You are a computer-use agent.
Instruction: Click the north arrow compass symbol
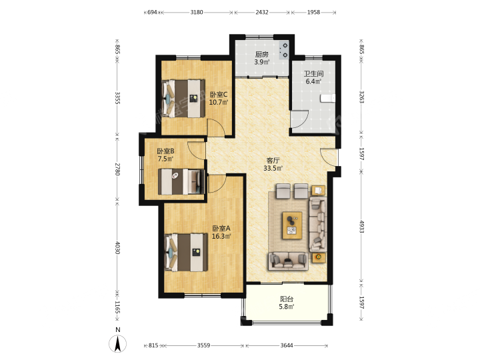[117, 344]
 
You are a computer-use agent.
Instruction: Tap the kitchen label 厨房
[262, 55]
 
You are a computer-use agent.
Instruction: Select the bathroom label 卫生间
[313, 74]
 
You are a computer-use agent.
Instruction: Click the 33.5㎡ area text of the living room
[273, 168]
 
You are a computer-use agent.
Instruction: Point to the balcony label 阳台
[287, 299]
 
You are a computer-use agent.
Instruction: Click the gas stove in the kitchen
[284, 50]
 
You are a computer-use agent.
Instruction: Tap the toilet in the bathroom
[327, 98]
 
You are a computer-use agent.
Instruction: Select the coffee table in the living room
[292, 225]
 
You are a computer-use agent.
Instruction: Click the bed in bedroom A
[186, 252]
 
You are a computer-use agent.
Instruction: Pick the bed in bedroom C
[183, 99]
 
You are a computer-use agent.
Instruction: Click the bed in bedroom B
[181, 182]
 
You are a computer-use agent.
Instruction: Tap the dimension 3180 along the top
[197, 12]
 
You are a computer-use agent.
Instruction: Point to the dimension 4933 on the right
[361, 227]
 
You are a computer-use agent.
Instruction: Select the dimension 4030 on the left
[117, 247]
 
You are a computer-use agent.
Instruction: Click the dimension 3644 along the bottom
[287, 345]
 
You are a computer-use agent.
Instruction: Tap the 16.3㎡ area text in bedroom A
[221, 236]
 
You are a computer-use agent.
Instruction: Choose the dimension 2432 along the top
[262, 12]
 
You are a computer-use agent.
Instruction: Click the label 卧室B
[165, 151]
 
